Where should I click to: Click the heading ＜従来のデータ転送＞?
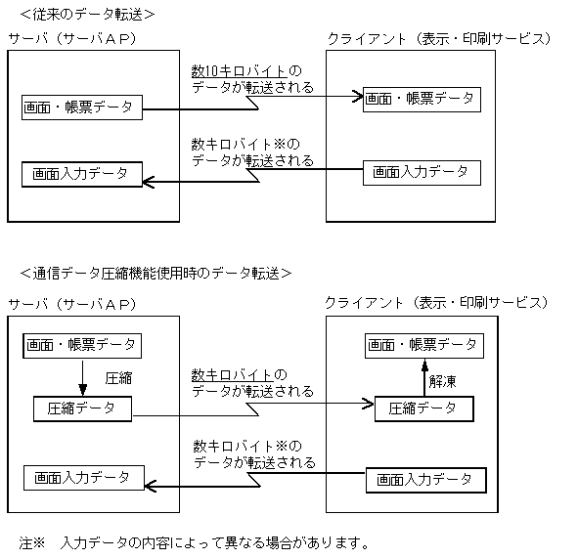click(x=87, y=14)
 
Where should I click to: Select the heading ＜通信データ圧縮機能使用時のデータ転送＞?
click(x=156, y=273)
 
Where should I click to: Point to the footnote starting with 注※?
click(x=196, y=540)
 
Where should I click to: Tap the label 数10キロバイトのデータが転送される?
click(x=252, y=80)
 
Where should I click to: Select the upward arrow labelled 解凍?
click(x=423, y=375)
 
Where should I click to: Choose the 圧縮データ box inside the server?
click(x=82, y=408)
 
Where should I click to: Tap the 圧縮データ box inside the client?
click(x=423, y=408)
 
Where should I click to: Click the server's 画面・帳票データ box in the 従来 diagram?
click(x=82, y=107)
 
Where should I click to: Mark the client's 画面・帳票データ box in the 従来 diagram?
click(x=421, y=99)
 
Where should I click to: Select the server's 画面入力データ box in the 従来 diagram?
click(x=81, y=174)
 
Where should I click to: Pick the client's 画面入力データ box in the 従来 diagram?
click(x=422, y=172)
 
